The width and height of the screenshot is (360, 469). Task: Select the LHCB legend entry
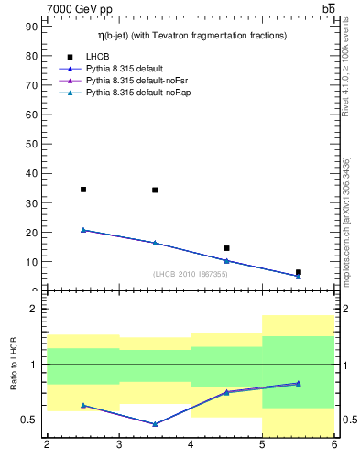point(98,56)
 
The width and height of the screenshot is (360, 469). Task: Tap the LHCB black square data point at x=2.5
point(83,190)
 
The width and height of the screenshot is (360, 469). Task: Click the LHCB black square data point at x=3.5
point(155,191)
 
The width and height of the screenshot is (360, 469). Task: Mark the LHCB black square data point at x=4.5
point(226,248)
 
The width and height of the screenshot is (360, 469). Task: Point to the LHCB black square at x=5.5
point(299,272)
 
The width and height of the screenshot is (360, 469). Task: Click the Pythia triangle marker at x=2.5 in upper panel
point(83,230)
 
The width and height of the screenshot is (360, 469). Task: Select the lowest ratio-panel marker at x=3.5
point(155,424)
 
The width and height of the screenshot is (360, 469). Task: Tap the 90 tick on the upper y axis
point(32,27)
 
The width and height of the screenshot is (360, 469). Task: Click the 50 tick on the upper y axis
point(32,144)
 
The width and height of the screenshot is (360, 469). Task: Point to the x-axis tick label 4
point(191,445)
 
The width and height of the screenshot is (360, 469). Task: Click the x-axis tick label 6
point(334,445)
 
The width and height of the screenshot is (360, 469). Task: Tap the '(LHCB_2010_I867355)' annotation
point(191,275)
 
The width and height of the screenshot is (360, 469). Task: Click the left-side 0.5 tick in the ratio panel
point(30,420)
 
